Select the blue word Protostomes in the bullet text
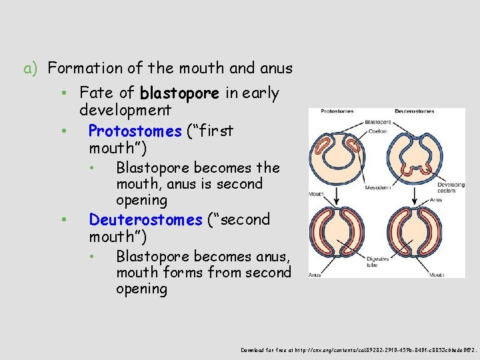coord(135,131)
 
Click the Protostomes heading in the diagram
coord(336,111)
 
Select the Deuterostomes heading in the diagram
coord(415,111)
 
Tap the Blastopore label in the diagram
coord(377,123)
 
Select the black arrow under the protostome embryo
coord(336,193)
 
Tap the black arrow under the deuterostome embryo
coord(415,193)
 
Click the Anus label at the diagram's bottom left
coord(314,273)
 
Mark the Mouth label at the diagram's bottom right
coord(438,273)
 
